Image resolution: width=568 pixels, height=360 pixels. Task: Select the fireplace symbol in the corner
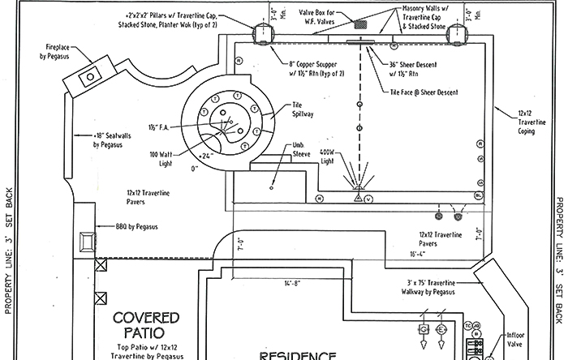(x=89, y=75)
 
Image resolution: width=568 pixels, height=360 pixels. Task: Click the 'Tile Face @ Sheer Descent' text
(x=420, y=94)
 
